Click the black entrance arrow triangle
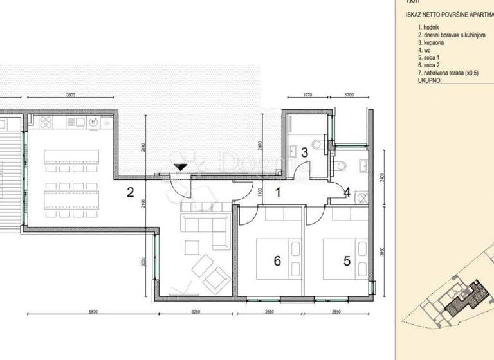coord(181,166)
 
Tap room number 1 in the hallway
coord(279,192)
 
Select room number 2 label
coord(130,192)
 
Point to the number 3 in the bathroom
coord(306,153)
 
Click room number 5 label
coord(347,260)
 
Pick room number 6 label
coord(277,260)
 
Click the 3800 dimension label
coord(71,95)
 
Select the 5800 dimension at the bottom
coord(93,312)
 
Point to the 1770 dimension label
coord(307,95)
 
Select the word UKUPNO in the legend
coord(430,82)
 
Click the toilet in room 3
coord(313,143)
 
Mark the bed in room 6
coord(277,255)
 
